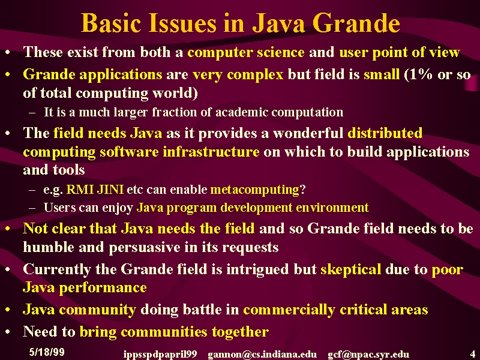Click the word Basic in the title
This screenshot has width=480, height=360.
tap(111, 23)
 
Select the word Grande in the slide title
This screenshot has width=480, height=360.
tap(356, 23)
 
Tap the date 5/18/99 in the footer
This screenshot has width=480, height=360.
tap(47, 352)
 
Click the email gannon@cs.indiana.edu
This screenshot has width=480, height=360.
tap(262, 354)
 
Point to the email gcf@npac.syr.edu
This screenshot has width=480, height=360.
tap(368, 354)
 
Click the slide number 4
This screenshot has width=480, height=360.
tap(473, 353)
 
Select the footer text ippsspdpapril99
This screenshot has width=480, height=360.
tap(160, 355)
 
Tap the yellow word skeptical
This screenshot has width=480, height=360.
tap(351, 269)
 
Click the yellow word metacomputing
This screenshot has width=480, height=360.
tap(255, 190)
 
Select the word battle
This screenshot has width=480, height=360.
tap(202, 309)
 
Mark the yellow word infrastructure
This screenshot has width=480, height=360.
tap(211, 152)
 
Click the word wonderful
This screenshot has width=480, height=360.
tap(308, 133)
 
